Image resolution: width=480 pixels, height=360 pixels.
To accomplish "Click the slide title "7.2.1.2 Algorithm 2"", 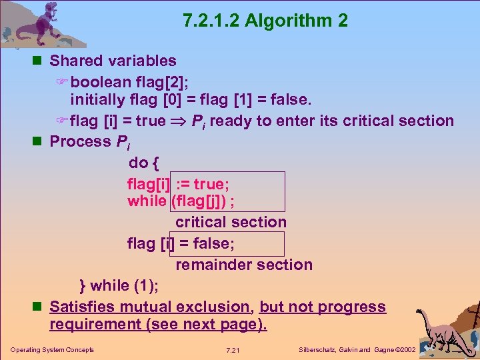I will [x=265, y=21].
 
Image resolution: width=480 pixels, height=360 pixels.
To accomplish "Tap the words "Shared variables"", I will [x=113, y=61].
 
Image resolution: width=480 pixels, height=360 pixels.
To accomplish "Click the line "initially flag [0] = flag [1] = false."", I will [x=191, y=100].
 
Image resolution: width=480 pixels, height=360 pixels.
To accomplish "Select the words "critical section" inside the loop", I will [x=231, y=222].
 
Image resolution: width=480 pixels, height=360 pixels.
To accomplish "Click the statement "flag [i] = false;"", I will [x=181, y=243].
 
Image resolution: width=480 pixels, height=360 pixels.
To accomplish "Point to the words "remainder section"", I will [x=244, y=265].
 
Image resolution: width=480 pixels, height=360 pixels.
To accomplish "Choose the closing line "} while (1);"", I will [x=119, y=285].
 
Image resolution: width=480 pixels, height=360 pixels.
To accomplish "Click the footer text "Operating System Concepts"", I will [x=52, y=349].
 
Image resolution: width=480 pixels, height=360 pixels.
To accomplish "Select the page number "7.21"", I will [x=233, y=349].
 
